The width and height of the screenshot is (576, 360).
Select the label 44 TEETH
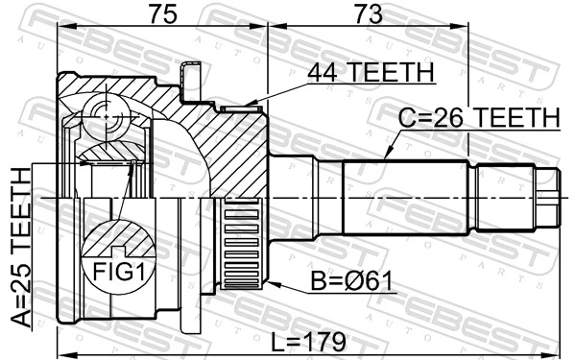pos(370,72)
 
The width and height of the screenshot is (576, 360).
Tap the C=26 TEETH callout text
pos(479,118)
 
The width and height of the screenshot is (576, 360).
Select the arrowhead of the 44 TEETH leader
pos(248,106)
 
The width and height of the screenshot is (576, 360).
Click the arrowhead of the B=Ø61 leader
pos(272,285)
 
